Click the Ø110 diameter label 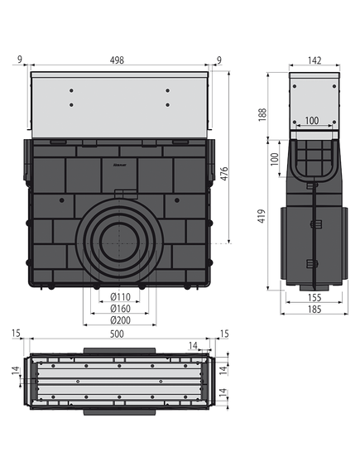(x=121, y=297)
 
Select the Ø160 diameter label (x=121, y=309)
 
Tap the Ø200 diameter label (x=121, y=320)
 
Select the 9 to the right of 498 (x=218, y=60)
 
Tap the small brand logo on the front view (x=119, y=166)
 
